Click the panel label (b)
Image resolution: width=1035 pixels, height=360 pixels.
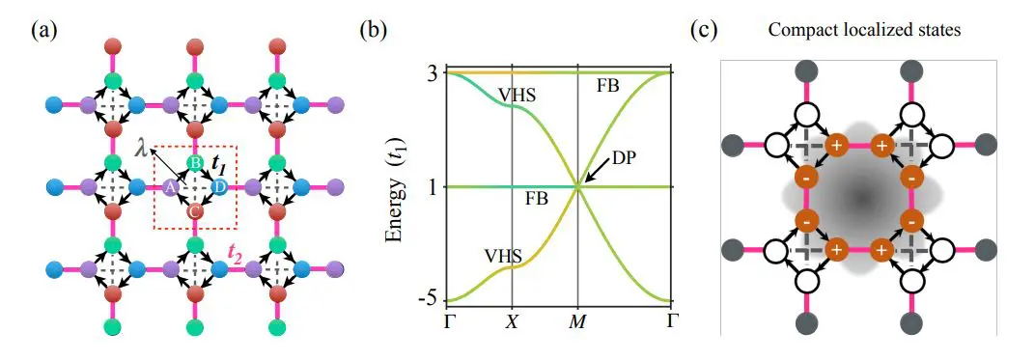[x=375, y=29]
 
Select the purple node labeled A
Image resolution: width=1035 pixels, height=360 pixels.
[x=171, y=187]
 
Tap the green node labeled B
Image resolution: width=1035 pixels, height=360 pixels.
[x=194, y=164]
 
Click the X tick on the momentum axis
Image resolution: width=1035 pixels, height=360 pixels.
[x=512, y=321]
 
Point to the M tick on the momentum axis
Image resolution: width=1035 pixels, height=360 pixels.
[x=577, y=321]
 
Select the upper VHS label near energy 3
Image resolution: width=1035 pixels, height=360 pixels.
[x=517, y=95]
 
